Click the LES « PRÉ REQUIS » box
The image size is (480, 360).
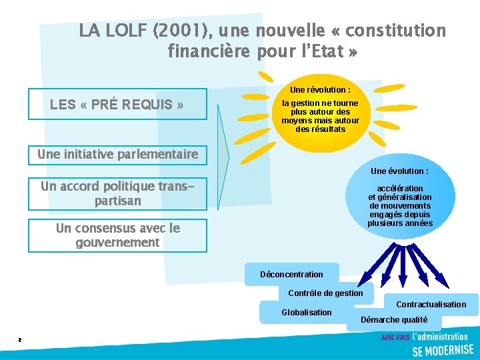tap(117, 104)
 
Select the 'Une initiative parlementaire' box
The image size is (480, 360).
tap(118, 155)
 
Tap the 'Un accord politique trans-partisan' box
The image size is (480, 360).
tap(117, 193)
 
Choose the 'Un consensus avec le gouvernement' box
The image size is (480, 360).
tap(117, 235)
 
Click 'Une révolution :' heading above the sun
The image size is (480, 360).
tap(320, 89)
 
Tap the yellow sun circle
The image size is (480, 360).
tap(320, 115)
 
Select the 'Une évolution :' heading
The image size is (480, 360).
tap(400, 171)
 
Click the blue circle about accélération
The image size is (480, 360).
tap(400, 203)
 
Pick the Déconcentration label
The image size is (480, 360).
tap(291, 275)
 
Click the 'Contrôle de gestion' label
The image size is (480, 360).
tap(325, 293)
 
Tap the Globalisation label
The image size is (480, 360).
tap(306, 312)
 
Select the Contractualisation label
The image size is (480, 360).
tap(431, 305)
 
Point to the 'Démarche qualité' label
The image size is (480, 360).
tap(393, 320)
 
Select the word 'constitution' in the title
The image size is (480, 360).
tap(396, 31)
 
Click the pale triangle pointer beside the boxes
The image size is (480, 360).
tap(223, 157)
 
